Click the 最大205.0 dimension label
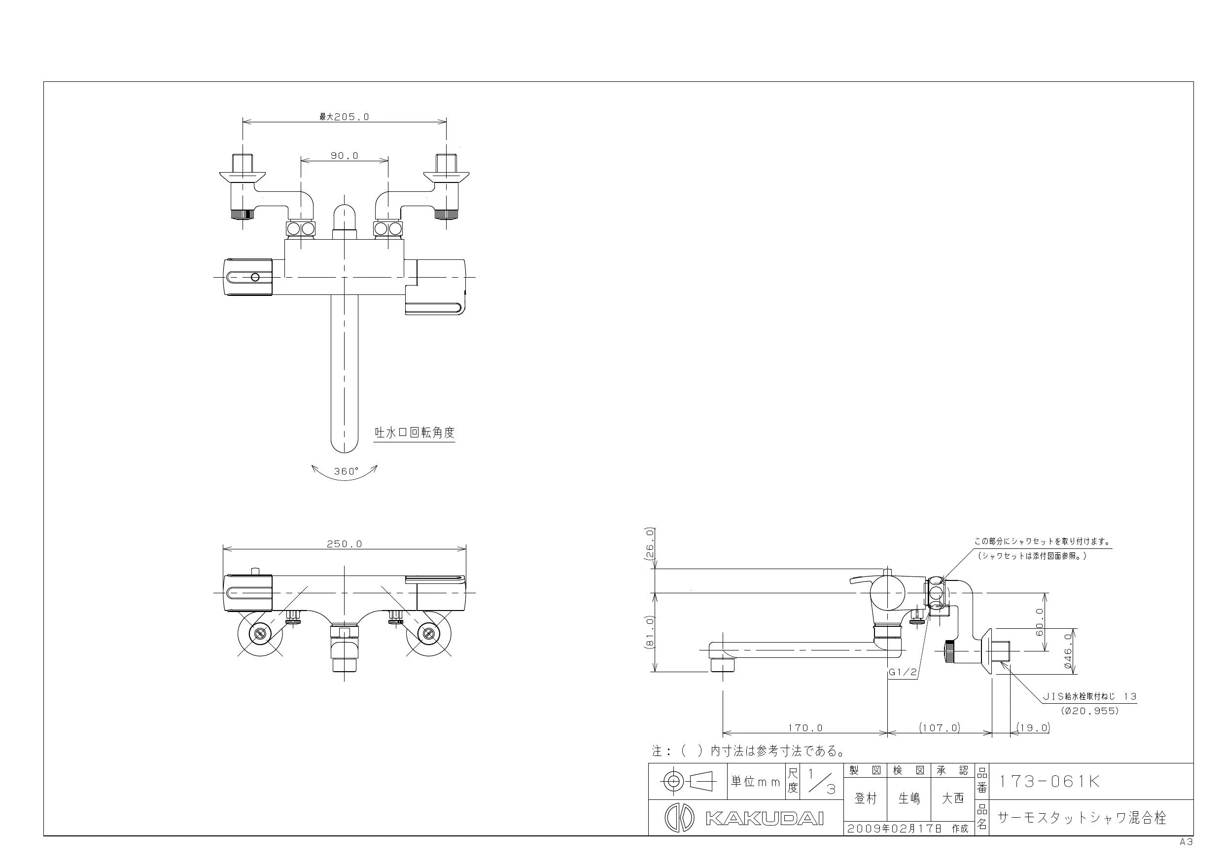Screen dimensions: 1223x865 click(344, 117)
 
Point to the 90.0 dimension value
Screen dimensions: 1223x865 click(345, 156)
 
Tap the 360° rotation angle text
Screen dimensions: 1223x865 click(346, 471)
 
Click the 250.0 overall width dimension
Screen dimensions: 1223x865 click(345, 543)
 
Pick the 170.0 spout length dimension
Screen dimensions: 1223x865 click(805, 727)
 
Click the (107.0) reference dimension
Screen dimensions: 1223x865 click(940, 727)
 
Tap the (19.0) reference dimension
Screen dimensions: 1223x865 click(1033, 727)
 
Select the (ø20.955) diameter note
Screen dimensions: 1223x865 click(1090, 711)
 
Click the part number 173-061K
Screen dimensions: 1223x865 click(1048, 781)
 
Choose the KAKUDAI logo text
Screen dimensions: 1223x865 click(765, 819)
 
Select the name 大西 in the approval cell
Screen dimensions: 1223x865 click(953, 798)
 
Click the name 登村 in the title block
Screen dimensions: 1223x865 click(866, 798)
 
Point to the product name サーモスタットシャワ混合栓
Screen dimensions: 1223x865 click(1082, 818)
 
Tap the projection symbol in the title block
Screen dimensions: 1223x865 click(687, 782)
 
